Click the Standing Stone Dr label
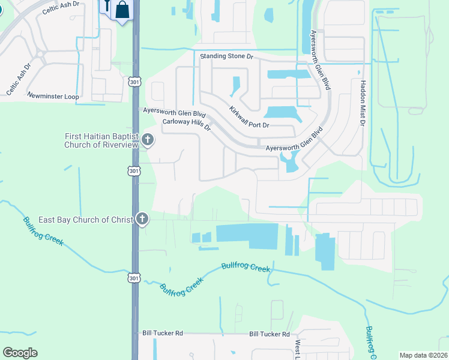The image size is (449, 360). pos(228,56)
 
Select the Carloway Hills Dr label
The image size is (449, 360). pos(187,124)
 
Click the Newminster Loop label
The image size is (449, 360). pos(53,95)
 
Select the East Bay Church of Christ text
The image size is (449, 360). pos(85,220)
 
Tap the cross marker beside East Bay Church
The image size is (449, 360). pos(142,219)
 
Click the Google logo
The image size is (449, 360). pos(20,353)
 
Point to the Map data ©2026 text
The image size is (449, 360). pos(423,355)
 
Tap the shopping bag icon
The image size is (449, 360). pos(122,10)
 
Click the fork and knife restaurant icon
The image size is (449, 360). pos(107,7)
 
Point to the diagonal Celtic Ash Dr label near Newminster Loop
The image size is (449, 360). pos(18,80)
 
